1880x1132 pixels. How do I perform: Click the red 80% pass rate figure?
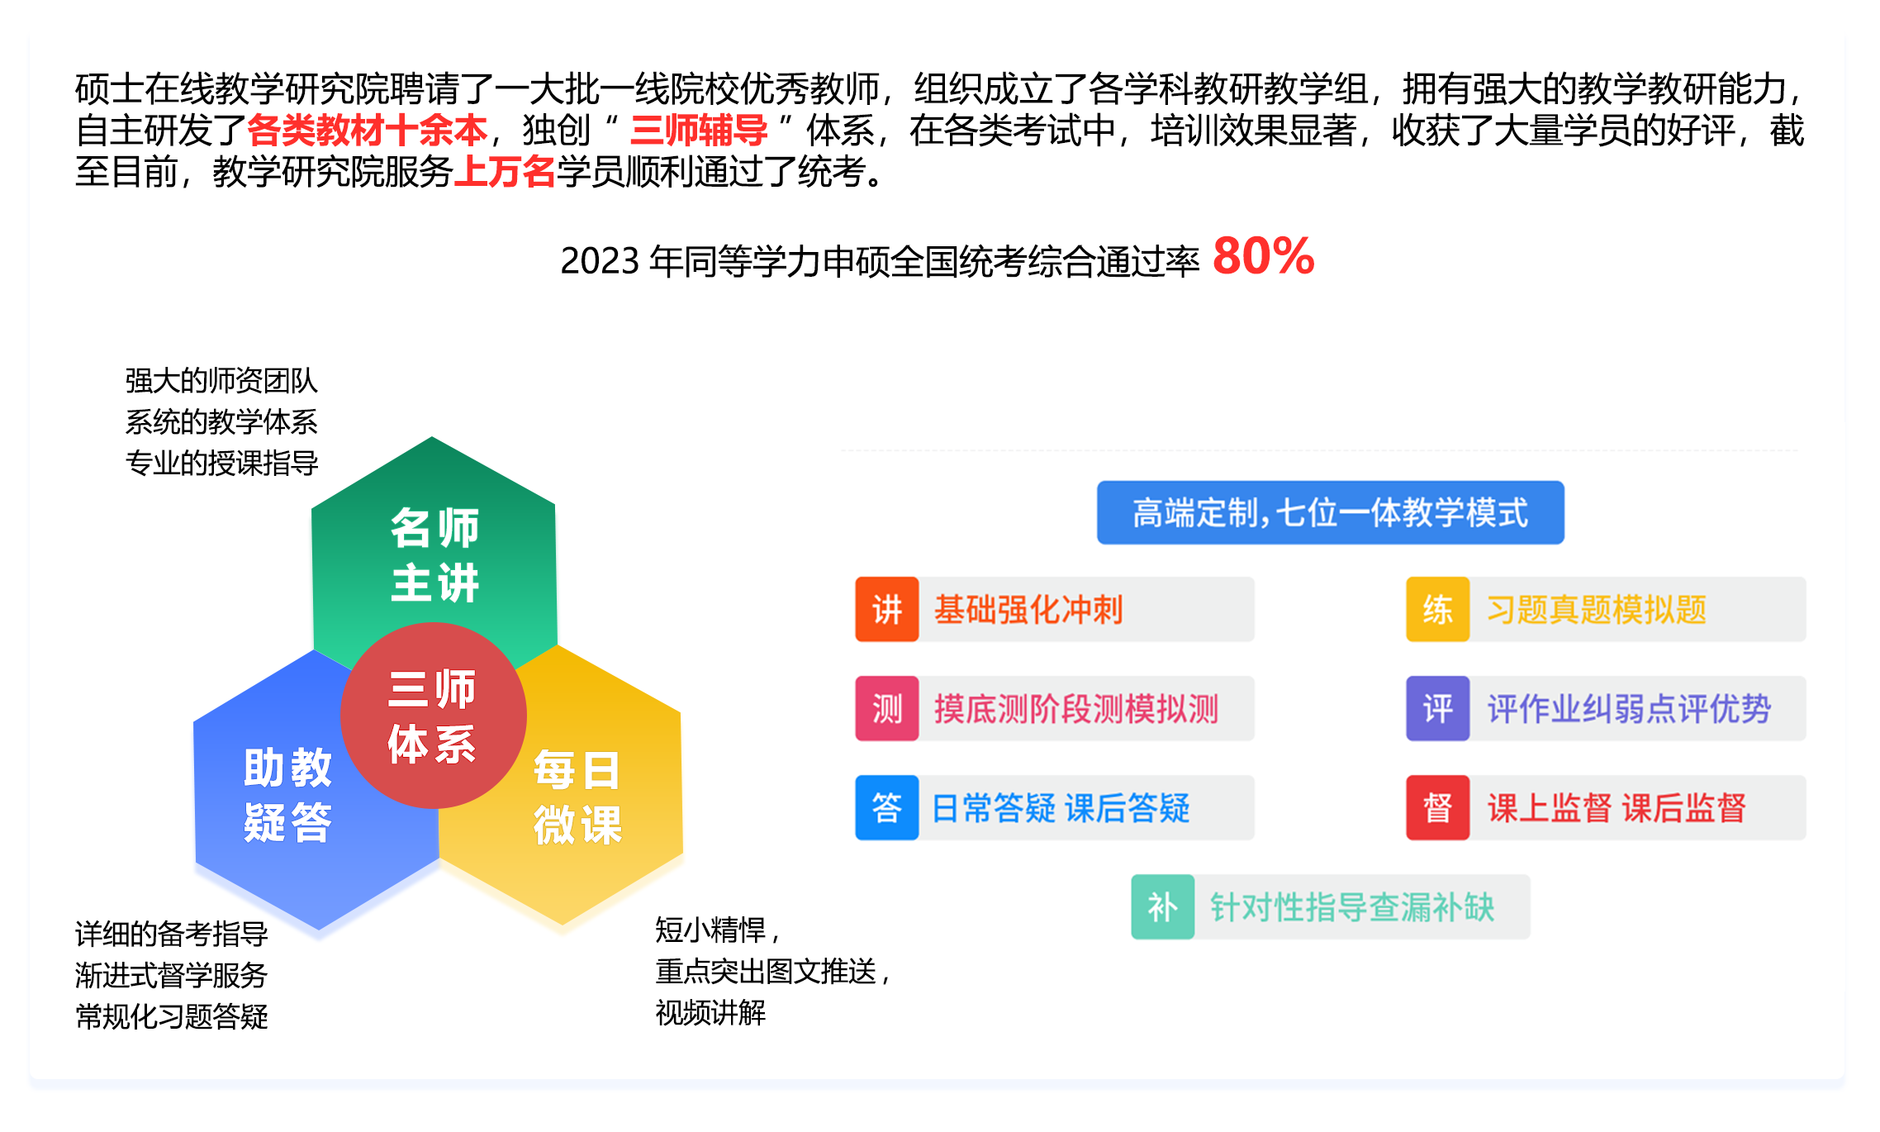coord(1263,256)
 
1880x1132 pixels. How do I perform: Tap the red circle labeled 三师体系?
coord(434,716)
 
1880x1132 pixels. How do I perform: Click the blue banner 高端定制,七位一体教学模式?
coord(1330,512)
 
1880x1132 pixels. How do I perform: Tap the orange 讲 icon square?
coord(887,610)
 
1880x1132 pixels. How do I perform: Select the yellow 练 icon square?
coord(1438,610)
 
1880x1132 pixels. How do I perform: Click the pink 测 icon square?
coord(887,709)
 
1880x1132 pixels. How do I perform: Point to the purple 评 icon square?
coord(1438,709)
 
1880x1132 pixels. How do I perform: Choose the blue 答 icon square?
coord(887,808)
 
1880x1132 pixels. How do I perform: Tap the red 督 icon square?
coord(1438,808)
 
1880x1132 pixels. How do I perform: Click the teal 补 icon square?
coord(1163,907)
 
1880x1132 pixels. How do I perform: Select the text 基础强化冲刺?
coord(1028,610)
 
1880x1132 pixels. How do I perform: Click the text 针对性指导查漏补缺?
coord(1352,907)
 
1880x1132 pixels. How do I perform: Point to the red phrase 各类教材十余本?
coord(368,131)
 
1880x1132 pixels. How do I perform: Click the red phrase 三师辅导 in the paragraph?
coord(699,131)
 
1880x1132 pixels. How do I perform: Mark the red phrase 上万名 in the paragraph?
coord(505,172)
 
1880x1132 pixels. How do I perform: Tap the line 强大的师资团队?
coord(221,381)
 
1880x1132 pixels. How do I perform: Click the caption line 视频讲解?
coord(710,1012)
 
